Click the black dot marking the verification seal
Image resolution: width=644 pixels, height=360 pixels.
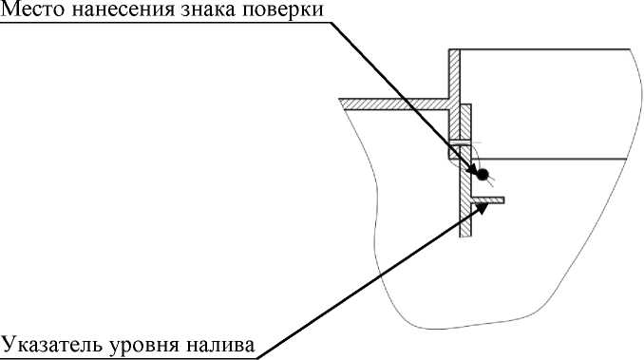[482, 174]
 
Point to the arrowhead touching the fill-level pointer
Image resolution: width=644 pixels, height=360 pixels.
[483, 209]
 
